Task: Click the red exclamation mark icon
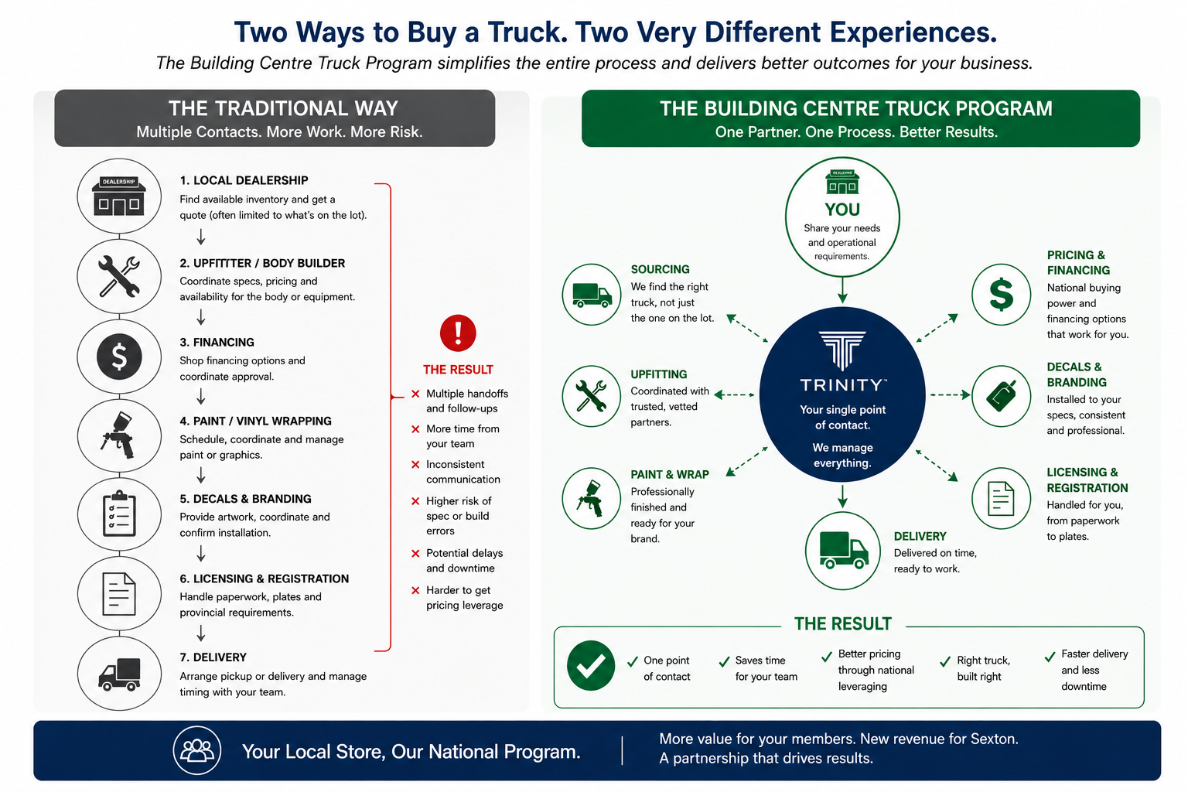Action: pos(458,333)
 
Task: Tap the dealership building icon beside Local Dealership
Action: pos(119,196)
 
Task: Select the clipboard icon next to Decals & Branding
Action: pos(119,514)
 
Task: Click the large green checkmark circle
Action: pos(590,665)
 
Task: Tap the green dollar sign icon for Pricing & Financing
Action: pos(1001,295)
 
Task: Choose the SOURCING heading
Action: pos(660,269)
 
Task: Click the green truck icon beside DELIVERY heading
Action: pos(843,550)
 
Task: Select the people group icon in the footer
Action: pos(197,751)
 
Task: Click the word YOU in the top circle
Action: pos(842,210)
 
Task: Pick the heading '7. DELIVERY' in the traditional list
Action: pos(213,657)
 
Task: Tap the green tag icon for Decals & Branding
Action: pos(1001,396)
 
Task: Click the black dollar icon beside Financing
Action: pos(119,357)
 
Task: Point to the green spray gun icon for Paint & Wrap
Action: pos(590,498)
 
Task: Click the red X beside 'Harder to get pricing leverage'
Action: pos(415,590)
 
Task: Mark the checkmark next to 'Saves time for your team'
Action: pos(724,661)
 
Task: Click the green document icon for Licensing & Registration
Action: pos(1001,498)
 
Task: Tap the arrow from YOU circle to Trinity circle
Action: pos(842,290)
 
